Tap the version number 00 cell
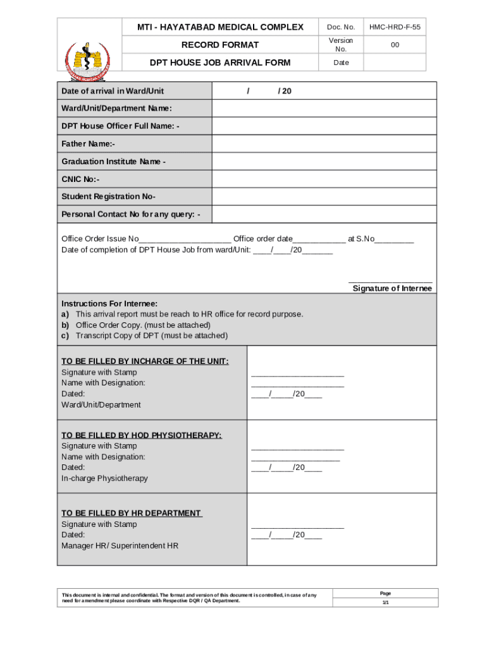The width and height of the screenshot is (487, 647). (x=395, y=45)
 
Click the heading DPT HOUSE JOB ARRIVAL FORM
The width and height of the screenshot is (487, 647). (x=220, y=63)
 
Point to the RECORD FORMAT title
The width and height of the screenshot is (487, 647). (x=220, y=45)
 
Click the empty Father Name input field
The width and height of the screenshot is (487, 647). (x=323, y=144)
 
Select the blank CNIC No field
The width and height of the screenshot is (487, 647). (x=323, y=179)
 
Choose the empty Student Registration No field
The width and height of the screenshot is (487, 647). (x=323, y=197)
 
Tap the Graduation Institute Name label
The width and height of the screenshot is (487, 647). (x=113, y=162)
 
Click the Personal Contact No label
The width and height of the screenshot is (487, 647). (x=131, y=215)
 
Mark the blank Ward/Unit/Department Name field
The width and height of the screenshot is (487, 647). (x=323, y=109)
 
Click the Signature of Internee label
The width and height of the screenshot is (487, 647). (x=392, y=289)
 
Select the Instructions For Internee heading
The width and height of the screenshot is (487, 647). (x=109, y=303)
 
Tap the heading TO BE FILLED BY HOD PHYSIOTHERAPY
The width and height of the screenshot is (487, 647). (x=141, y=435)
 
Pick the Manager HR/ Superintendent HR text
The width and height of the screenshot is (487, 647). (x=120, y=545)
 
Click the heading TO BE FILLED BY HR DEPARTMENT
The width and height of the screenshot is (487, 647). (x=132, y=513)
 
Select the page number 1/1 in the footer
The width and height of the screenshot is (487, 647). (x=385, y=603)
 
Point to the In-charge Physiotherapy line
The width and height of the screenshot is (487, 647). (x=104, y=478)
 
